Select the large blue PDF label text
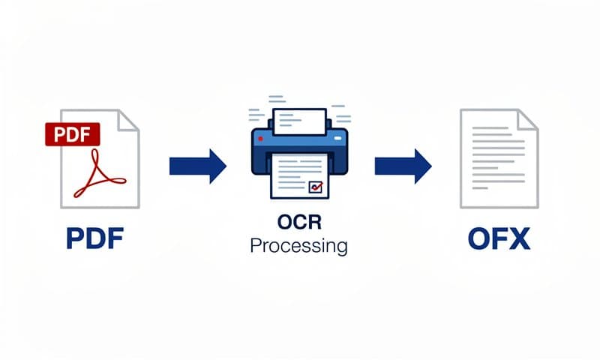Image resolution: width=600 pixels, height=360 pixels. click(x=94, y=240)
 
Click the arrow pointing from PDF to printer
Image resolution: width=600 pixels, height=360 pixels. click(x=197, y=166)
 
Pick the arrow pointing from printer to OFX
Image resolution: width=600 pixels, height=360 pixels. click(x=403, y=166)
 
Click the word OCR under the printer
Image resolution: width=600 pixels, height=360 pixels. click(x=299, y=225)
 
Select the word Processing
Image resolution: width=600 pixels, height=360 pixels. click(x=299, y=246)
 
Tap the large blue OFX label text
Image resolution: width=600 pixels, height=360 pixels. click(x=499, y=240)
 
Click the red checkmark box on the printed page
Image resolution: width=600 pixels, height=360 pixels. click(x=316, y=185)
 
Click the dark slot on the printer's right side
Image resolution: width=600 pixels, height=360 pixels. click(x=335, y=139)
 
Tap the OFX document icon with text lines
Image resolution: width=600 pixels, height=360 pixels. click(x=497, y=159)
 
